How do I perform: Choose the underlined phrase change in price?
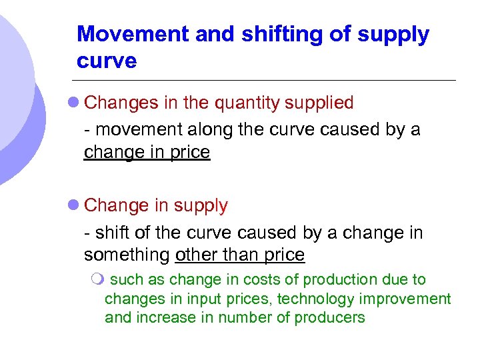147,153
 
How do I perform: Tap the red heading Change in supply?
156,206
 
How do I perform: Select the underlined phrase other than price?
239,255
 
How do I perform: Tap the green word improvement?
413,299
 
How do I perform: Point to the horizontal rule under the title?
267,81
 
